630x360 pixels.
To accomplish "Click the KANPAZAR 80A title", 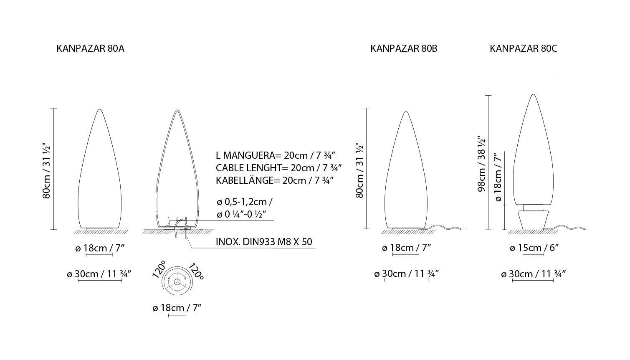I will pyautogui.click(x=90, y=48).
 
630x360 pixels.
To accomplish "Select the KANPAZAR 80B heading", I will pyautogui.click(x=404, y=48).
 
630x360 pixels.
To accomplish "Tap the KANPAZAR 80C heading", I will pyautogui.click(x=523, y=48).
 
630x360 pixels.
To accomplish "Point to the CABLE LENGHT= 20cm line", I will pyautogui.click(x=279, y=168).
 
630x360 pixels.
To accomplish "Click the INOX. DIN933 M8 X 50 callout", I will pyautogui.click(x=264, y=242).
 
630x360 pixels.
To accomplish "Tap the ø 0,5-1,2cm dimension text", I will pyautogui.click(x=244, y=202).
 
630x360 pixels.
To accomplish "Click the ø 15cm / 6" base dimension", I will pyautogui.click(x=534, y=248).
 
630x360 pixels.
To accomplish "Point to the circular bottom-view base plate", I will pyautogui.click(x=177, y=282).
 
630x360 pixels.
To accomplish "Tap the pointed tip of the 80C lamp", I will pyautogui.click(x=533, y=95).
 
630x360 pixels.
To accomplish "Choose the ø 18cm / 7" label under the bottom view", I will pyautogui.click(x=177, y=308).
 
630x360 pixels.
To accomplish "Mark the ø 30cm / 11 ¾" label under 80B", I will pyautogui.click(x=406, y=274).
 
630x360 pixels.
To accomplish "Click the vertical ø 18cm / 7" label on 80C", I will pyautogui.click(x=497, y=178).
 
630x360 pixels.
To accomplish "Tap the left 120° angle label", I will pyautogui.click(x=159, y=269).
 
